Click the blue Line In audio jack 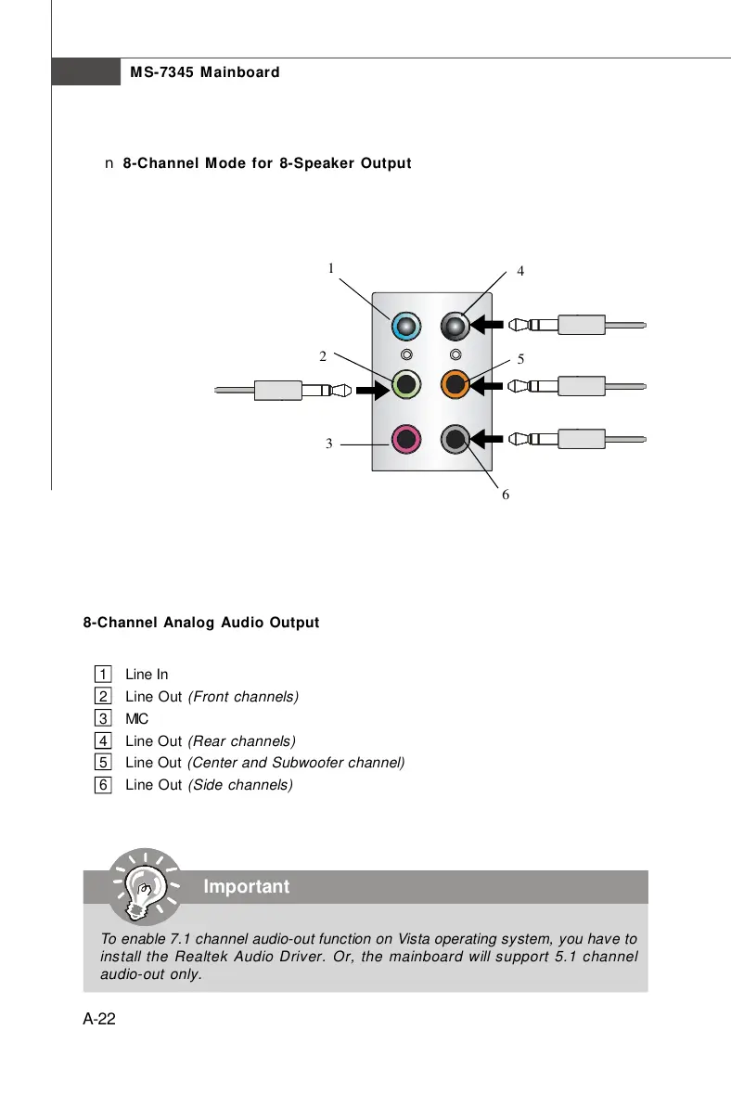[405, 326]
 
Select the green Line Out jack [405, 382]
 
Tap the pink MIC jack [405, 438]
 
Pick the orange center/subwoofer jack [455, 382]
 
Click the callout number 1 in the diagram [329, 269]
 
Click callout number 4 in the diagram [520, 272]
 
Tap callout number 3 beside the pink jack [328, 444]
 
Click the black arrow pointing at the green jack [373, 391]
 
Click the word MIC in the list [136, 718]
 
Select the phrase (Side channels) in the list [240, 785]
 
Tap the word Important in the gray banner [246, 887]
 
